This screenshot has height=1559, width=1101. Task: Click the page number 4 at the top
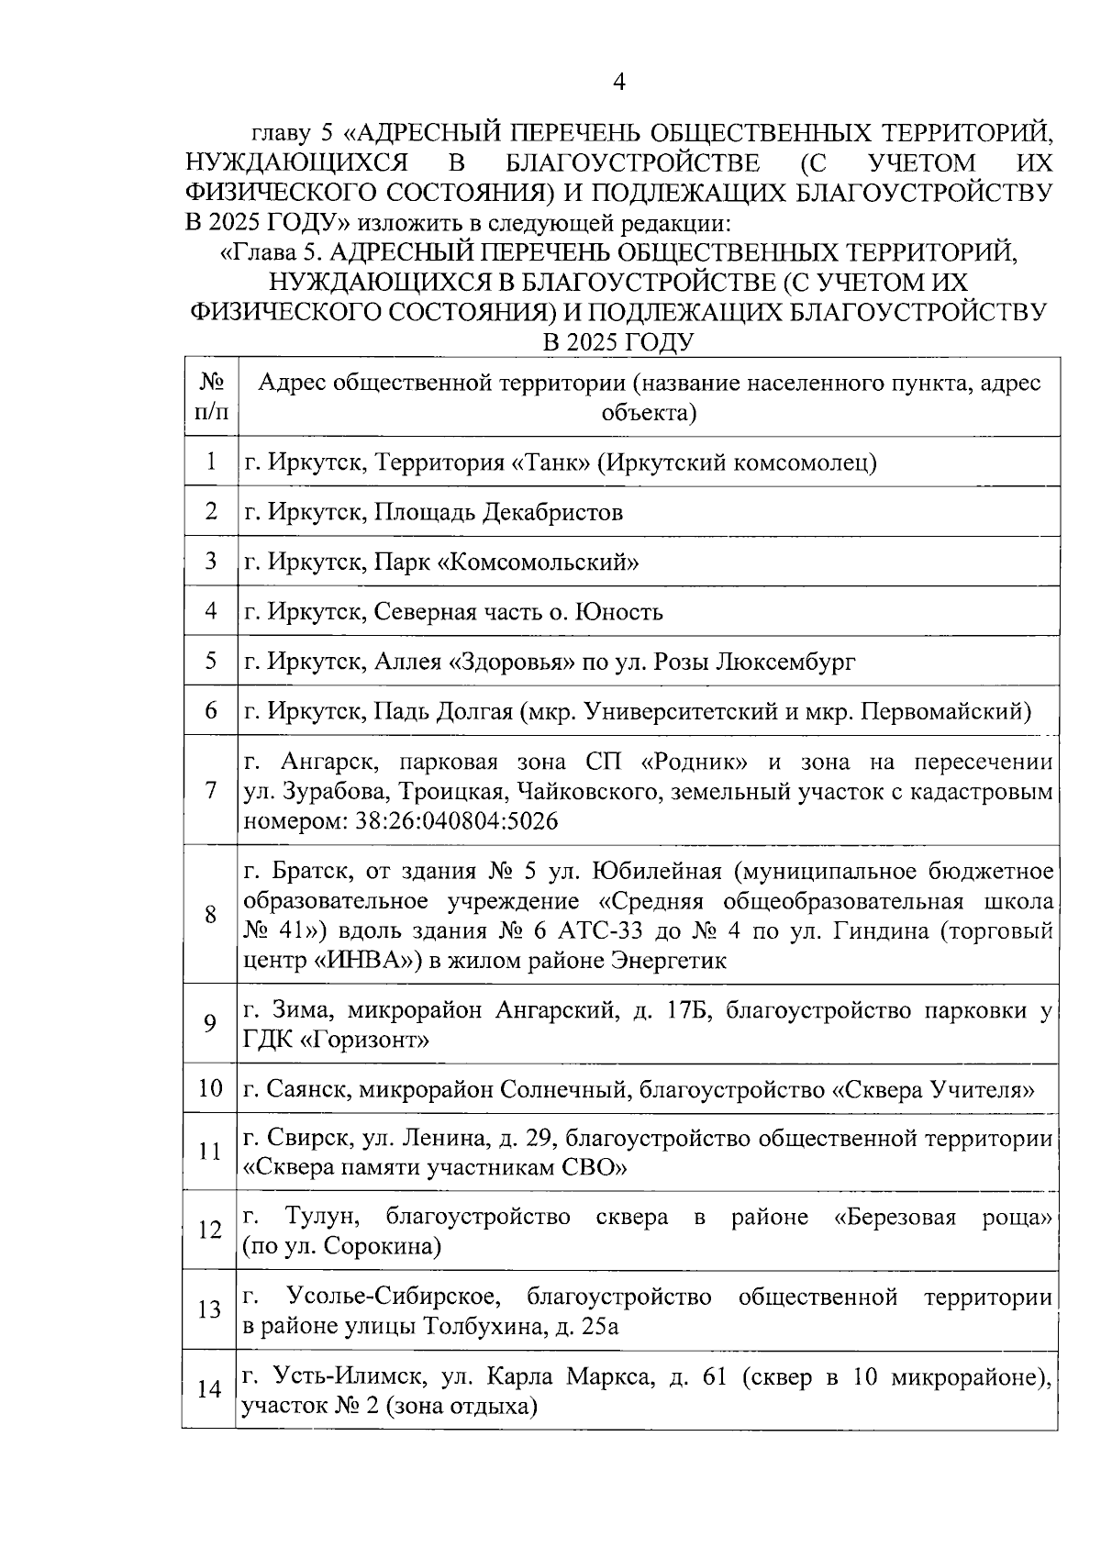pos(618,83)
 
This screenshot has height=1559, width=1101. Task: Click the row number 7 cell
pos(210,790)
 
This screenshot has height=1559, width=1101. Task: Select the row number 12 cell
pos(210,1230)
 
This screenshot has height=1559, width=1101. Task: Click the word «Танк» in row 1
pos(550,462)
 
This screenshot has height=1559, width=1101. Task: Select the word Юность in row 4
pos(618,611)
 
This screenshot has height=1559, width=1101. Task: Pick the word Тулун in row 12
pos(322,1218)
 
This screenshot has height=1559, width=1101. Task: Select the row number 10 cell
pos(210,1089)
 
